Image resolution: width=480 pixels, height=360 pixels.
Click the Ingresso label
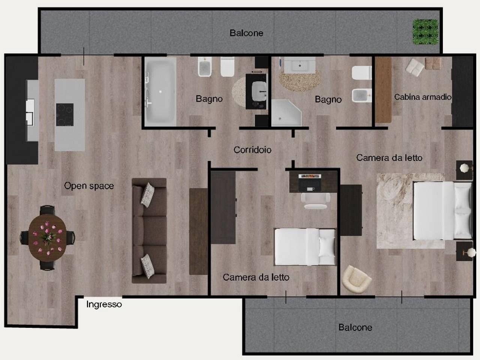coord(104,304)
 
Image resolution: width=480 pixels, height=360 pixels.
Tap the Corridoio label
coord(252,150)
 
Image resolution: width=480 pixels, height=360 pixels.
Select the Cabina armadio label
coord(423,97)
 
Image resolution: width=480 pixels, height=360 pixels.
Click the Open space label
coord(89,186)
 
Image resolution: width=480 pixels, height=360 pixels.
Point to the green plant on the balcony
coord(425,32)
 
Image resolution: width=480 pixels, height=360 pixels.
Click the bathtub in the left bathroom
coord(160,91)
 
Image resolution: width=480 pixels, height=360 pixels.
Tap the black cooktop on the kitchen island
coord(65,115)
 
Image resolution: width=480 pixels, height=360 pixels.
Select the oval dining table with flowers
coord(47,238)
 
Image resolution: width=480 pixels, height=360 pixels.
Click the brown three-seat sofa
coord(149,231)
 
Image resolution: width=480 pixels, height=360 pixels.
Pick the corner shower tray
coord(285,113)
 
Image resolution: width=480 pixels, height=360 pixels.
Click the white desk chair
coord(315,201)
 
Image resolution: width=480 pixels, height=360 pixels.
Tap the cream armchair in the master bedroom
coord(356,279)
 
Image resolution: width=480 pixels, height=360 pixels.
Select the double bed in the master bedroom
coord(442,211)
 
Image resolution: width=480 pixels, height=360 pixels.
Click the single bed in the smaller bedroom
coord(305,247)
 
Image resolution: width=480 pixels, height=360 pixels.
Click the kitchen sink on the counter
coord(30,112)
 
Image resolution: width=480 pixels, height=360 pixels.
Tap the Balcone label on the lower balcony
coord(355,328)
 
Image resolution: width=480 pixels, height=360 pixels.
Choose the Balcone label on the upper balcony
coord(246,33)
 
